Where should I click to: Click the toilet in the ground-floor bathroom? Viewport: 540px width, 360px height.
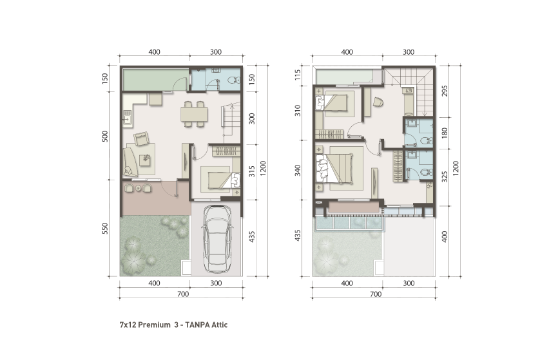pyautogui.click(x=235, y=80)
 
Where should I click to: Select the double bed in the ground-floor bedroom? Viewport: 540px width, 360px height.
pyautogui.click(x=216, y=178)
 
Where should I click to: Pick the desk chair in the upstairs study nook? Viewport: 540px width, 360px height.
pyautogui.click(x=378, y=101)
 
